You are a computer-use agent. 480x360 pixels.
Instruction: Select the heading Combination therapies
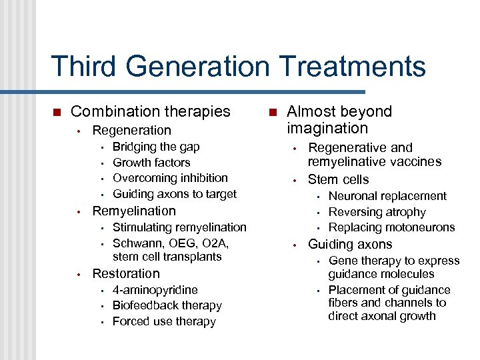150,111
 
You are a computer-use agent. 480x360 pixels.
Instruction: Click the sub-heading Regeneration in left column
131,130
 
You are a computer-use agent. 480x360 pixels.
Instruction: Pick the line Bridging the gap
156,147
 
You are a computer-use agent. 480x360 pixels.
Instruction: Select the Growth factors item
151,163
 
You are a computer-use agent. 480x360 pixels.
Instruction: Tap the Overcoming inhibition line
170,178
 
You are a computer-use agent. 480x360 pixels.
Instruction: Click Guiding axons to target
175,194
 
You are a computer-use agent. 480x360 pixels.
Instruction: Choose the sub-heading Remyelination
134,211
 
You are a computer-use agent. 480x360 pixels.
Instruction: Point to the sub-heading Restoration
126,273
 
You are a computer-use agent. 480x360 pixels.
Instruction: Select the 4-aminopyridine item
155,290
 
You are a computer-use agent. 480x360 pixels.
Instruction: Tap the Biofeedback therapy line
167,305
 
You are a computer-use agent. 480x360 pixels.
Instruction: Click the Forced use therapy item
164,321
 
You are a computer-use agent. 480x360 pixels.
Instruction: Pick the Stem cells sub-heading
338,179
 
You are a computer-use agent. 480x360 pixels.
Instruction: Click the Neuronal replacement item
387,196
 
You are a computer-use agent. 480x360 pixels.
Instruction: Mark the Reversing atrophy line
377,212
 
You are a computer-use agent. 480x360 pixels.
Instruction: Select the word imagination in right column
327,128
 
